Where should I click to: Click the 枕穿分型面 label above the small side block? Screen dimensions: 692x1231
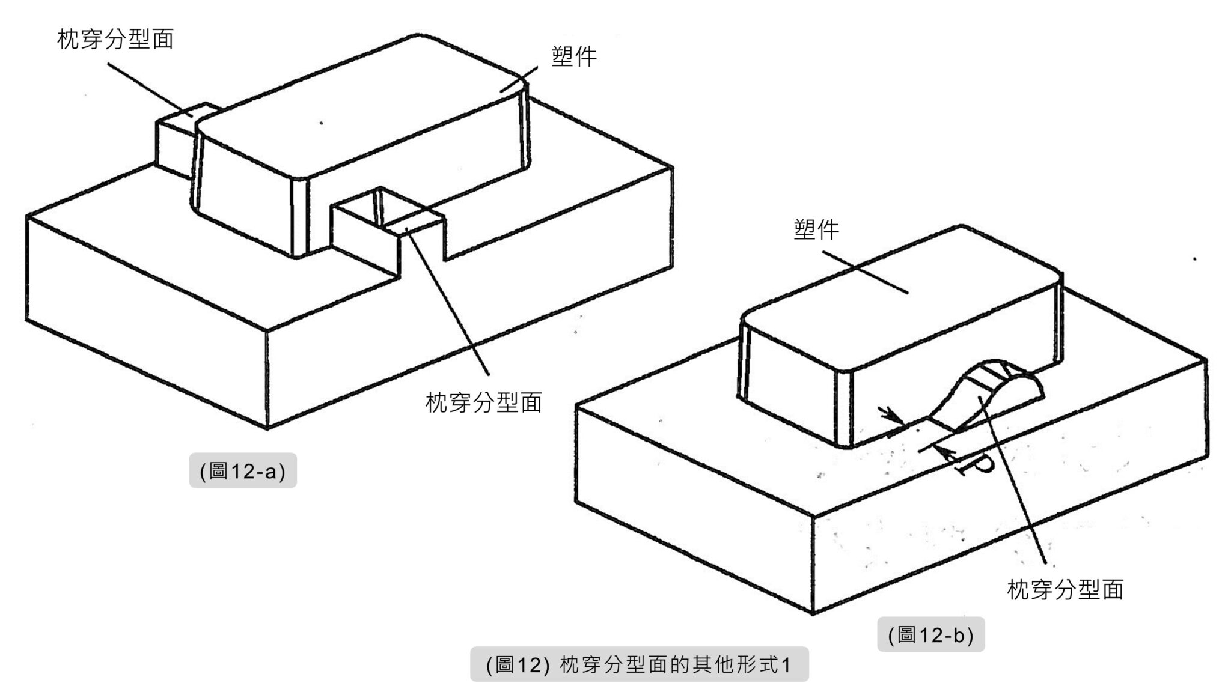coord(115,40)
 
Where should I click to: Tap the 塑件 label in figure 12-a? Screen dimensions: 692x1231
coord(574,57)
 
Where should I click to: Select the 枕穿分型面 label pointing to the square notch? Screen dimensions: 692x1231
coord(484,402)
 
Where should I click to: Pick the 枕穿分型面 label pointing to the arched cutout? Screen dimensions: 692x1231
coord(1065,590)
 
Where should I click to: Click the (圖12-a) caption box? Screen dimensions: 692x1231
coord(243,470)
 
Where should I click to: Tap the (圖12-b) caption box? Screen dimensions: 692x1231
coord(930,634)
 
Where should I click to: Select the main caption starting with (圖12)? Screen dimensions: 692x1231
coord(639,665)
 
